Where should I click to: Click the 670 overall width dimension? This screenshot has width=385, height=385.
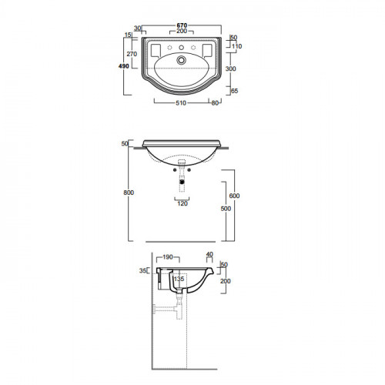click(x=182, y=25)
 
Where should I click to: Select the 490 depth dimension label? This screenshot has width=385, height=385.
click(x=124, y=66)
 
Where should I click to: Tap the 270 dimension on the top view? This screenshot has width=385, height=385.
click(x=132, y=54)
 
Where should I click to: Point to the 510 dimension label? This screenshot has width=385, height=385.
click(x=181, y=103)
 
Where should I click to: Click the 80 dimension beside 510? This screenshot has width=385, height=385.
click(x=215, y=103)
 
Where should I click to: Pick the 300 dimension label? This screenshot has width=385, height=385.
click(x=231, y=69)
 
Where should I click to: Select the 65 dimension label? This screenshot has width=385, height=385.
click(x=235, y=91)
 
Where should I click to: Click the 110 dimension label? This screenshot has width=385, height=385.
click(x=236, y=46)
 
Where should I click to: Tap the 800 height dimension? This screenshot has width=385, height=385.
click(x=129, y=192)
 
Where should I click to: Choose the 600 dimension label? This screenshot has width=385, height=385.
click(x=234, y=196)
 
